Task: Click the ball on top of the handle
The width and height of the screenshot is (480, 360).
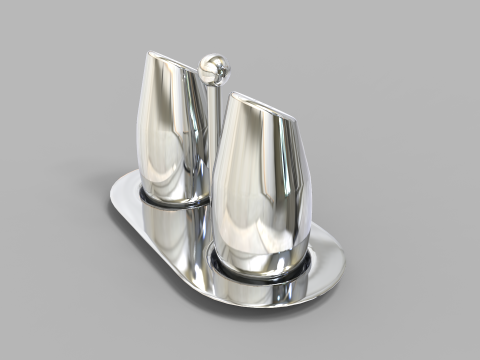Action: [212, 68]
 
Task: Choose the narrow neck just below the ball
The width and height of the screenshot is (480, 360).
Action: [212, 82]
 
